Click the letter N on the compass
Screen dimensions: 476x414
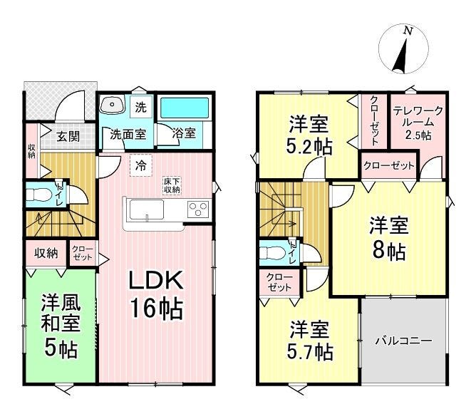pos(408,31)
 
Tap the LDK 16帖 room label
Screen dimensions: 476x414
pos(156,294)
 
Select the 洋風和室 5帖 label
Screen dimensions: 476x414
pos(61,325)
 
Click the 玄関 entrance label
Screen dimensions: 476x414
pos(68,136)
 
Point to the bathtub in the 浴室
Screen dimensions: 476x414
pos(185,108)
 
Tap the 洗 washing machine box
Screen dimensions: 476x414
pos(140,107)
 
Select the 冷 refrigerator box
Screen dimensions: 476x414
pos(141,165)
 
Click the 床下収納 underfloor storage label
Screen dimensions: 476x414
pos(172,186)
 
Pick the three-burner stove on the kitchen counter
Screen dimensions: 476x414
pos(198,209)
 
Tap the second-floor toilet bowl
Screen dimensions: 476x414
pos(272,252)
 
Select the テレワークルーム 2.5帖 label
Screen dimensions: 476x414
pos(418,123)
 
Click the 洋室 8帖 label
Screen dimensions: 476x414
pos(389,238)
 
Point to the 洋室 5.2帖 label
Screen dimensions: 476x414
pos(309,135)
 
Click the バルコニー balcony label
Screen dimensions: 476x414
pos(404,341)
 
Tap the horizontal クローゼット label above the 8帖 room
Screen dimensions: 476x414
pos(389,166)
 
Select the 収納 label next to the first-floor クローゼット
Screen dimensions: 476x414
pos(46,253)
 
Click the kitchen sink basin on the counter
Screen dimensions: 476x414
pos(147,209)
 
